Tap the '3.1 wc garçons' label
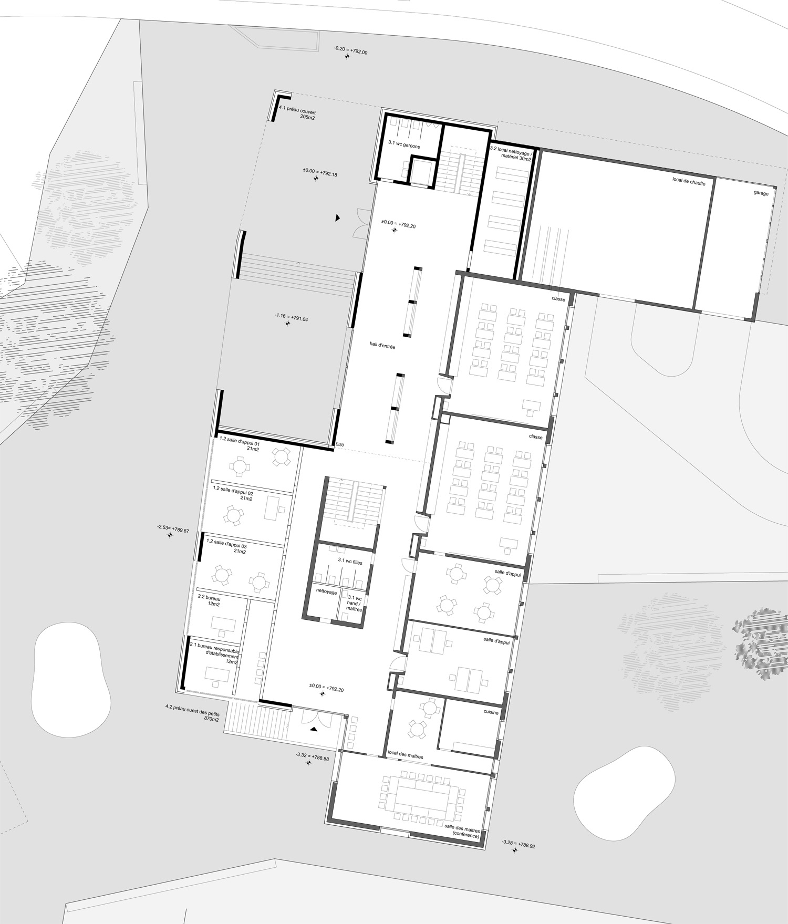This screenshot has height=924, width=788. (404, 144)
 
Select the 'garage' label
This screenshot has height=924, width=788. (761, 193)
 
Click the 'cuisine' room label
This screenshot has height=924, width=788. (491, 712)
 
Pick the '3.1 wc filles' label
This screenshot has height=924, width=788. (350, 562)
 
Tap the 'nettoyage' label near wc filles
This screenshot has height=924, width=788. (326, 591)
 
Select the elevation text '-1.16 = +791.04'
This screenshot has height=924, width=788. (291, 315)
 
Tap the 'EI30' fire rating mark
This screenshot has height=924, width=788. (340, 445)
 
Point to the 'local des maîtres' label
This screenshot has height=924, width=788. (406, 754)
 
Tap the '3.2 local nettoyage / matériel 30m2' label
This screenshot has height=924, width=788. (511, 152)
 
